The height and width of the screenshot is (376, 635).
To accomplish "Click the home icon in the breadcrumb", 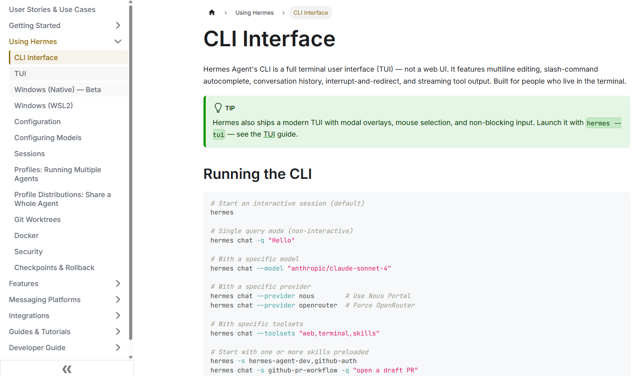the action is pyautogui.click(x=212, y=12).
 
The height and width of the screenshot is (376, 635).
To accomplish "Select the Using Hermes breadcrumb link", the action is pyautogui.click(x=254, y=13).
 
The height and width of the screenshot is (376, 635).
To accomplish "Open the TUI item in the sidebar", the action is pyautogui.click(x=20, y=74).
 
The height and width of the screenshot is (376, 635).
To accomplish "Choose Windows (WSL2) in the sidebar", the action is pyautogui.click(x=44, y=106).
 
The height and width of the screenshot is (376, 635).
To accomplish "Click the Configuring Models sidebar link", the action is pyautogui.click(x=48, y=137).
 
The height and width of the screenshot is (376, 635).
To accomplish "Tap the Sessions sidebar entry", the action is pyautogui.click(x=29, y=154).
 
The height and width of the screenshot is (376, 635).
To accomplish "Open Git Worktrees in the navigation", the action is pyautogui.click(x=37, y=220).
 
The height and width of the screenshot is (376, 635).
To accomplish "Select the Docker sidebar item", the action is pyautogui.click(x=26, y=235).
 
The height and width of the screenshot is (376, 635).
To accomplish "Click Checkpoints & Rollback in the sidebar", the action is pyautogui.click(x=54, y=267).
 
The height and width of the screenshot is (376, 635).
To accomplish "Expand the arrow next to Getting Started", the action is pyautogui.click(x=118, y=25).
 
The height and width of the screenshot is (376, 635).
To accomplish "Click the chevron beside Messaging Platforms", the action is pyautogui.click(x=118, y=299).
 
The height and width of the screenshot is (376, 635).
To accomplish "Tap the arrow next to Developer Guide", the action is pyautogui.click(x=118, y=348).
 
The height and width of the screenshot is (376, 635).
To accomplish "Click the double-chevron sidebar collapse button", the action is pyautogui.click(x=67, y=369).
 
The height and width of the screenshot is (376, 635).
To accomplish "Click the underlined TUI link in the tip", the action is pyautogui.click(x=269, y=134).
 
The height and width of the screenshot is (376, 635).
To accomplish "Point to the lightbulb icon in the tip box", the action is pyautogui.click(x=218, y=108).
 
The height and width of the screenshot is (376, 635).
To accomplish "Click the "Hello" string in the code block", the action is pyautogui.click(x=281, y=241).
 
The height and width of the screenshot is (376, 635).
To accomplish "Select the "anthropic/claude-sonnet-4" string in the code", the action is pyautogui.click(x=339, y=268).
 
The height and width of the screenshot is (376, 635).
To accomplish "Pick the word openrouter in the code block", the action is pyautogui.click(x=318, y=305).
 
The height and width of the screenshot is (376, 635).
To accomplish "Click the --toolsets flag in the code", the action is pyautogui.click(x=276, y=333).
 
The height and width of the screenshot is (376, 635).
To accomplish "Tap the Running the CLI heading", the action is pyautogui.click(x=257, y=174).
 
